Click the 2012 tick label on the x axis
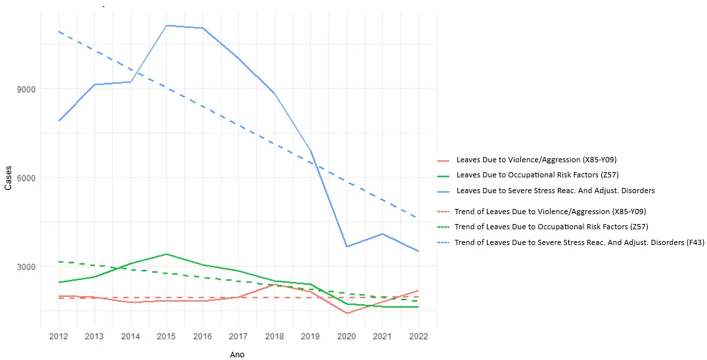pos(59,336)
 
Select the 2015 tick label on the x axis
pos(167,336)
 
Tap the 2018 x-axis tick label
pos(275,336)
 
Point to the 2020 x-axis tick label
pos(346,336)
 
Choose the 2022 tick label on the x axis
pos(419,336)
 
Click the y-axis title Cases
pos(8,177)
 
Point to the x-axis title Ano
pos(238,354)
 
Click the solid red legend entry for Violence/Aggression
pos(536,160)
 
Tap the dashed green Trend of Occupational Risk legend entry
pos(551,227)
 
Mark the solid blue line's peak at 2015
pos(167,26)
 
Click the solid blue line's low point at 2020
pos(346,246)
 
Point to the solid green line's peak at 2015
pos(167,254)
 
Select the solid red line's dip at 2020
pos(346,313)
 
